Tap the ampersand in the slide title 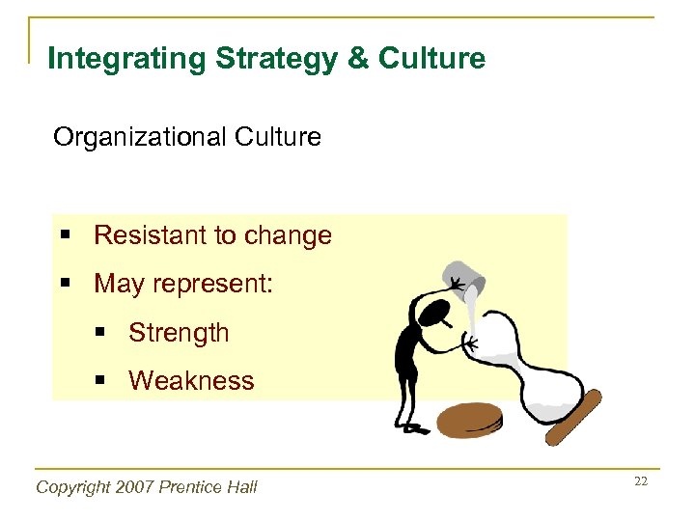[357, 59]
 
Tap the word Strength [179, 333]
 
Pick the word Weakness [191, 381]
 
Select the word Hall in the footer [241, 487]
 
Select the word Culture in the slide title [432, 59]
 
